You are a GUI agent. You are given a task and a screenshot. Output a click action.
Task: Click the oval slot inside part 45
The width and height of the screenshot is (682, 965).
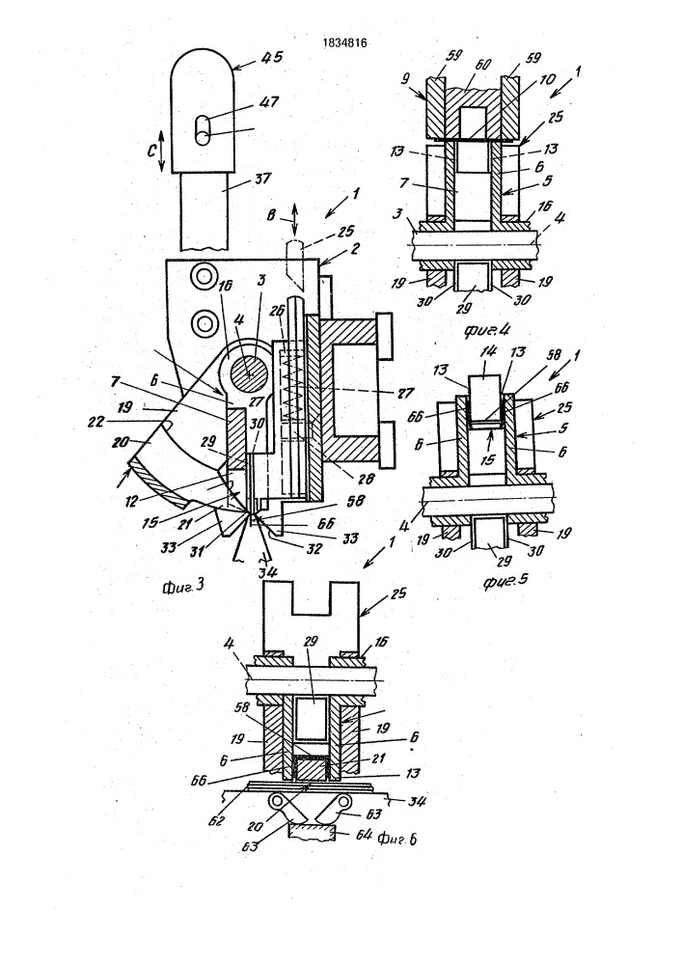(201, 129)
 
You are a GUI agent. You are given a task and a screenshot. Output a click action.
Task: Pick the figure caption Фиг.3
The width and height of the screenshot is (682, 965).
(180, 583)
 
